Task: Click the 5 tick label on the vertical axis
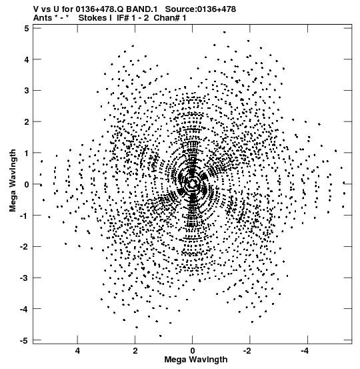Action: click(27, 29)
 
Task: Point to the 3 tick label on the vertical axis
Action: click(27, 91)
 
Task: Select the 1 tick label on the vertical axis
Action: click(27, 153)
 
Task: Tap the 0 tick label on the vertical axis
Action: click(27, 184)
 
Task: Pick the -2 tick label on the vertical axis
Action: click(25, 247)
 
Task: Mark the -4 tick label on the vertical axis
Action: click(25, 309)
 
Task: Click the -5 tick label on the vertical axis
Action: click(25, 340)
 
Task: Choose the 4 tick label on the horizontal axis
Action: click(77, 351)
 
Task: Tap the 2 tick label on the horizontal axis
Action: click(135, 351)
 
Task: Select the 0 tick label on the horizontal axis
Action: click(193, 351)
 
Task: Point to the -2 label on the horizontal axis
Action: click(247, 351)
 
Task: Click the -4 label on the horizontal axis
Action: click(305, 351)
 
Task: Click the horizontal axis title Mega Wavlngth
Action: click(196, 360)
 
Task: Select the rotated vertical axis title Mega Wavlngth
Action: click(13, 181)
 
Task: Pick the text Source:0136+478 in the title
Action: click(201, 9)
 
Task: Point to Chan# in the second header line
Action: click(167, 17)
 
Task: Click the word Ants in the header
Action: click(43, 17)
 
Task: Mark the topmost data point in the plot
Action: click(225, 32)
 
